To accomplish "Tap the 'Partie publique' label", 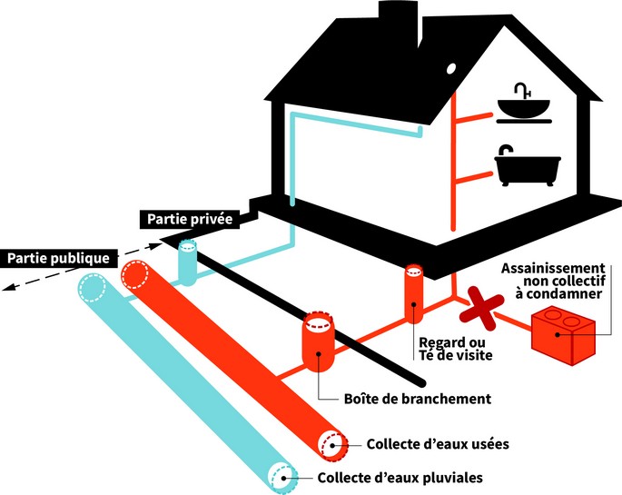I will [59, 258].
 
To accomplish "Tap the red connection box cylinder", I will [319, 342].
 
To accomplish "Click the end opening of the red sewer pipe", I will [331, 443].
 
